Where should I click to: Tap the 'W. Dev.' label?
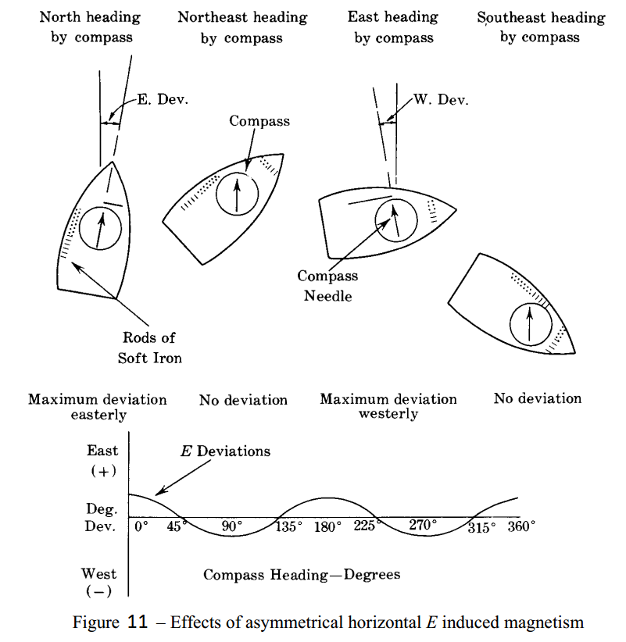pos(442,100)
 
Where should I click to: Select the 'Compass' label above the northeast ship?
pos(259,121)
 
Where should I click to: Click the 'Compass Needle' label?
pos(328,286)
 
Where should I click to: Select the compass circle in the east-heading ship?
pos(395,219)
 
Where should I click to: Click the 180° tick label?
pos(328,526)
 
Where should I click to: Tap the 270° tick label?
pos(423,525)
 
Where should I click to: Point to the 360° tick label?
pos(521,526)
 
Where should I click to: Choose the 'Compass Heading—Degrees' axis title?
pos(302,575)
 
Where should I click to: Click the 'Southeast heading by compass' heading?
pos(541,27)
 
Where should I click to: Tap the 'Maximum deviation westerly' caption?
pos(388,406)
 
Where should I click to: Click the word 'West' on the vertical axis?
pos(99,574)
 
